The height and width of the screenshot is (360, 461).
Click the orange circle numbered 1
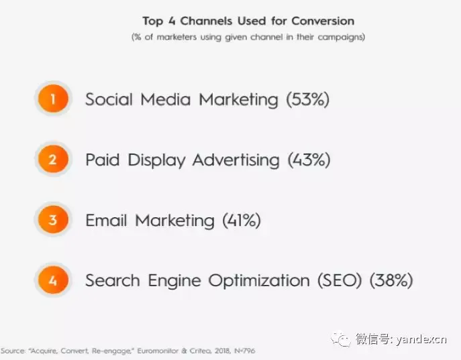click(53, 99)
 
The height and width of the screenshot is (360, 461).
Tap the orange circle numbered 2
click(53, 159)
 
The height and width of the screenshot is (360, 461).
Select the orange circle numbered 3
click(53, 219)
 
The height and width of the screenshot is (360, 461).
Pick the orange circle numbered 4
click(53, 280)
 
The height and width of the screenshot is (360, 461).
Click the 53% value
click(308, 99)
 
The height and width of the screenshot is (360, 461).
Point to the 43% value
click(309, 160)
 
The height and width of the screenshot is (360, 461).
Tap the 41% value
click(242, 221)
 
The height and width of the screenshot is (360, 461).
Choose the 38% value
click(391, 280)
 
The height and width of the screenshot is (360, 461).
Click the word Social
click(109, 99)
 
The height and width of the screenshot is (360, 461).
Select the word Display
click(156, 161)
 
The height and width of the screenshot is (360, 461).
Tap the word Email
click(106, 221)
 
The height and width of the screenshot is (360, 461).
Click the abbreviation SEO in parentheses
click(340, 280)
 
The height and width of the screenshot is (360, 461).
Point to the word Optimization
click(259, 281)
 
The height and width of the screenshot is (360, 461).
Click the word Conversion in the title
click(323, 21)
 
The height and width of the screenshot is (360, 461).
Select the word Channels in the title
click(206, 21)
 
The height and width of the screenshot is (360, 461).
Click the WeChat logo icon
click(341, 339)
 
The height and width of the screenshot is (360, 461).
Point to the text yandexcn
click(421, 339)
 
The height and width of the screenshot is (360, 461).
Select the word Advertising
click(236, 160)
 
